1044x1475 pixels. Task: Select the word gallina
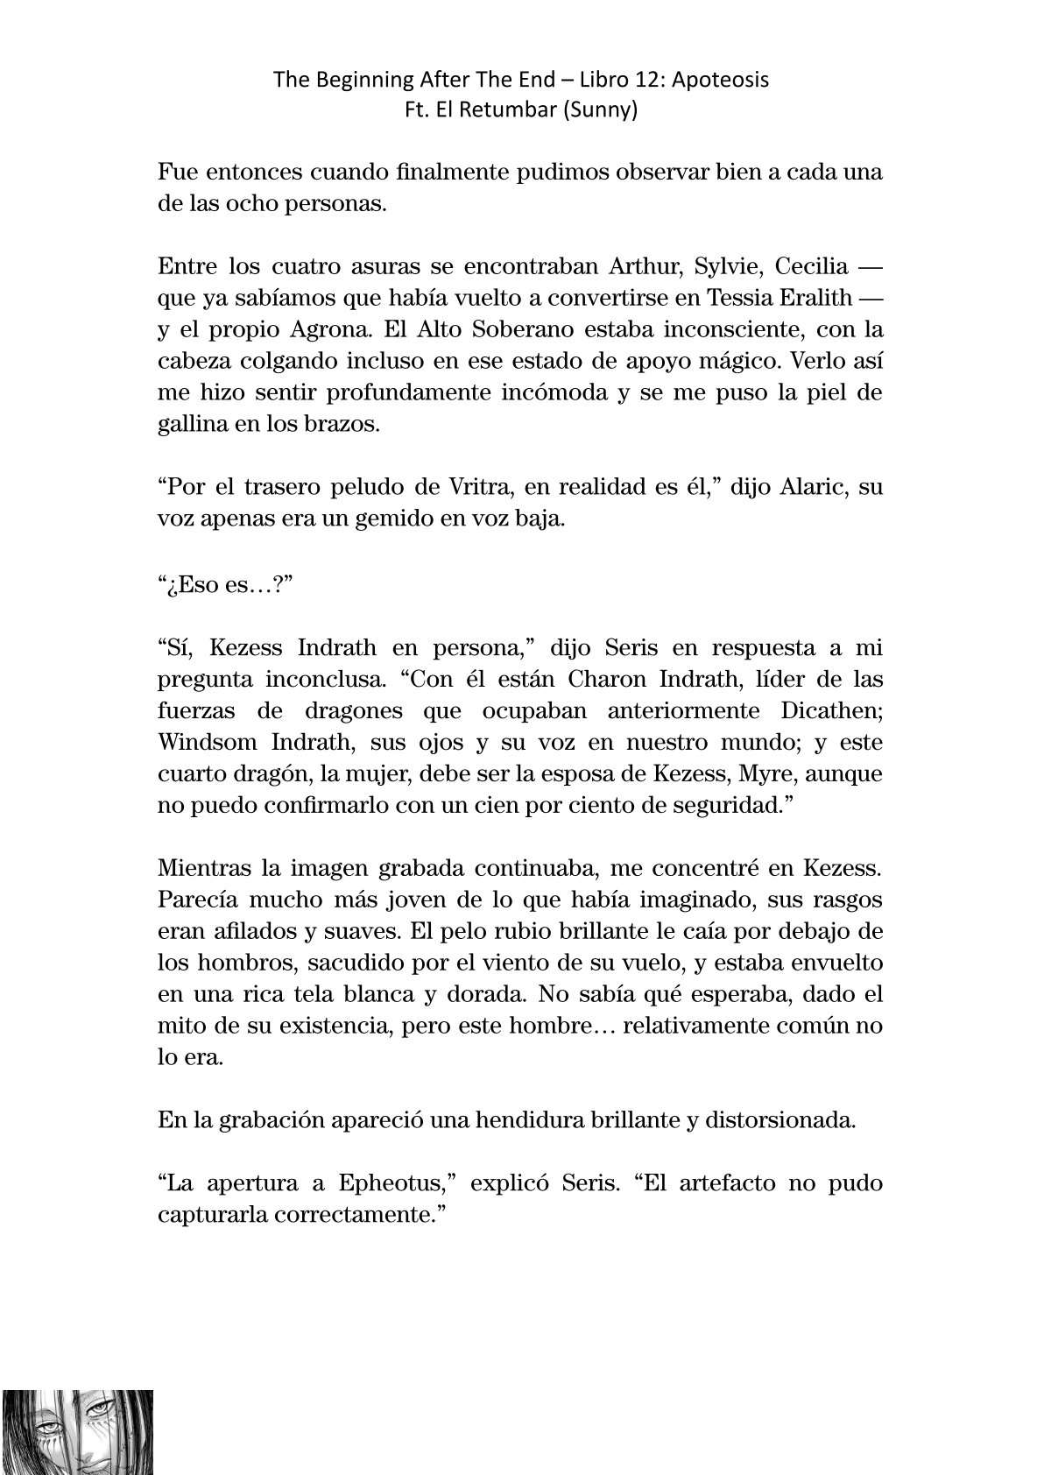pos(195,424)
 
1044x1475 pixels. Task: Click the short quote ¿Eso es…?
pos(224,583)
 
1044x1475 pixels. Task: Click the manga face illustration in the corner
pos(77,1430)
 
